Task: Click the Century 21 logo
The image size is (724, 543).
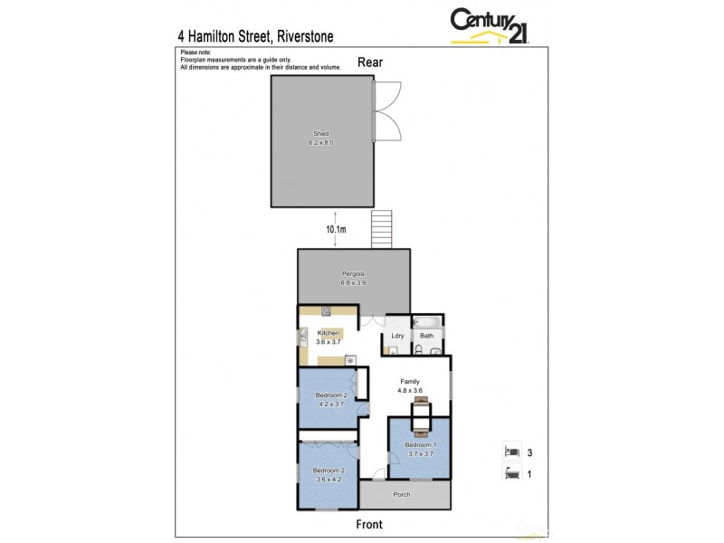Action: [x=488, y=24]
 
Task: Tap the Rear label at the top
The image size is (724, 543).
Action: [x=369, y=62]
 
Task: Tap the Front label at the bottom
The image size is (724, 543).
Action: [x=369, y=524]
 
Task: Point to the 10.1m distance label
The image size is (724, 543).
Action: [x=336, y=229]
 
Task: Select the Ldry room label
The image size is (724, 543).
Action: [x=396, y=336]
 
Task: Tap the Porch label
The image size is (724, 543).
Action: [x=401, y=495]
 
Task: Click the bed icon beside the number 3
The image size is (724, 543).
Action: [x=511, y=450]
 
